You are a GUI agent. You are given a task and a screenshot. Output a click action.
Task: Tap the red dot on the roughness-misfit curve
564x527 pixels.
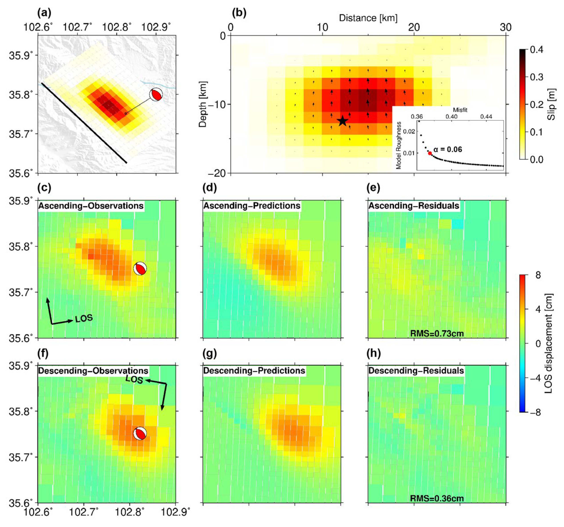pyautogui.click(x=430, y=153)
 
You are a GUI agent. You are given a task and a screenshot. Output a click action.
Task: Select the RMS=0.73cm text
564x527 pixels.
pyautogui.click(x=437, y=334)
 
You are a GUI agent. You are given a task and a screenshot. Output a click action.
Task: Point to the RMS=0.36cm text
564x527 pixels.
pyautogui.click(x=437, y=498)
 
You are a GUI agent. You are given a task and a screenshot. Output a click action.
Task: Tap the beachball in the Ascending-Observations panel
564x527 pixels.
pyautogui.click(x=140, y=268)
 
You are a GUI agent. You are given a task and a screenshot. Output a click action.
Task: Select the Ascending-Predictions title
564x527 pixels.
pyautogui.click(x=252, y=206)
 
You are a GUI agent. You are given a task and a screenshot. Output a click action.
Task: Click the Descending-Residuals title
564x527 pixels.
pyautogui.click(x=416, y=371)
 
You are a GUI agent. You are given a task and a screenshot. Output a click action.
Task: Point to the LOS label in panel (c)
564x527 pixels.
pyautogui.click(x=84, y=318)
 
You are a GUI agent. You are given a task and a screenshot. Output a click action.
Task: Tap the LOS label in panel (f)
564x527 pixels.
pyautogui.click(x=134, y=380)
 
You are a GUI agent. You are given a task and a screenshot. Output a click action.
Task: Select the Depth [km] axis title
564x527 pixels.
pyautogui.click(x=203, y=104)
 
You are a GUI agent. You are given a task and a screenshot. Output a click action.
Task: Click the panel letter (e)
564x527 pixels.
pyautogui.click(x=373, y=188)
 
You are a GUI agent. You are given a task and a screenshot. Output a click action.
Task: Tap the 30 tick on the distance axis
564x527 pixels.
pyautogui.click(x=506, y=28)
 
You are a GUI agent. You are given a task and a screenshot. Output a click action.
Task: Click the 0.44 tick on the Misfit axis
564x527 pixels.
pyautogui.click(x=486, y=116)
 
